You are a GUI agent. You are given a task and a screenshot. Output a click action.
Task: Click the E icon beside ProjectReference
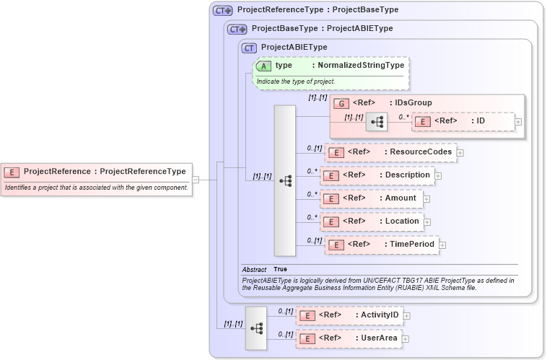click(12, 172)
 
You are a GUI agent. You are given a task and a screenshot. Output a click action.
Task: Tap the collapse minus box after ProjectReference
click(196, 179)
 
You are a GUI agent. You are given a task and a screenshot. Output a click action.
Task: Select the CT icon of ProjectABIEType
click(250, 48)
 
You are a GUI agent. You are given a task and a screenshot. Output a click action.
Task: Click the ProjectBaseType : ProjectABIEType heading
click(322, 29)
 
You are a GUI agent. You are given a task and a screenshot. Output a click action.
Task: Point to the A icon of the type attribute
click(263, 66)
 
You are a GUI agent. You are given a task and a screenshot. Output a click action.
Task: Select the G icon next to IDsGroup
click(341, 103)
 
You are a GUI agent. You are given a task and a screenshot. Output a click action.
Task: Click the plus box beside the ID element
click(518, 121)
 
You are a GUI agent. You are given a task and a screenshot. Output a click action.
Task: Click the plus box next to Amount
click(426, 198)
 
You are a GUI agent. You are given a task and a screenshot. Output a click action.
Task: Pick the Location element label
click(402, 221)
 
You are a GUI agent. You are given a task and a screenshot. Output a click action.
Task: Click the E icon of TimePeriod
click(336, 245)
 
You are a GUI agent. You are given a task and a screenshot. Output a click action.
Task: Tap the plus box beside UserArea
click(405, 338)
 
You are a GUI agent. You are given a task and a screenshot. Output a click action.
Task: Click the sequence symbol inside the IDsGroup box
click(377, 122)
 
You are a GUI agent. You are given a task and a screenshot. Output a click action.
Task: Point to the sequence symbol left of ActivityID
click(256, 328)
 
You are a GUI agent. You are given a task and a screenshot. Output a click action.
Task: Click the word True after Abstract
click(280, 269)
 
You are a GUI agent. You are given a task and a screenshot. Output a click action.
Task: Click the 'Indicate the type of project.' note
click(296, 82)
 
